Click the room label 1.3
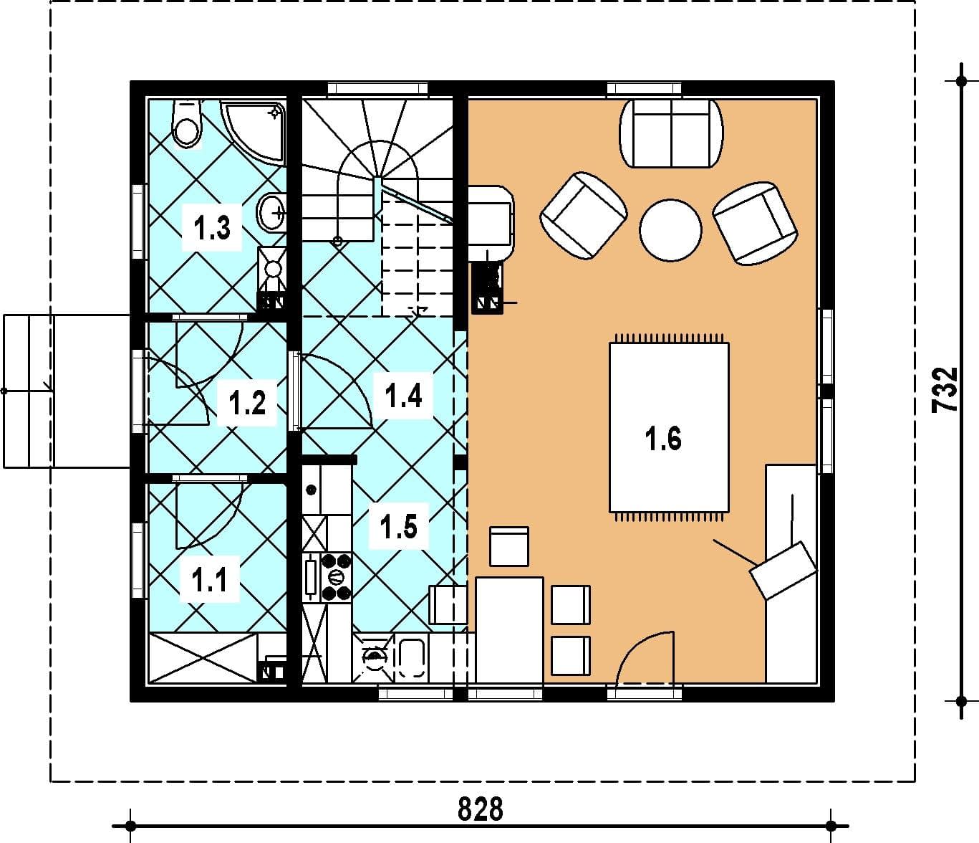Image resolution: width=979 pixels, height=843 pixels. click(212, 227)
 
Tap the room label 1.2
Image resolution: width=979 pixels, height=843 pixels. click(247, 403)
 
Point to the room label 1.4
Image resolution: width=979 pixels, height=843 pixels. click(403, 396)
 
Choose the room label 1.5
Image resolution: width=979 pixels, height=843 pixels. click(399, 527)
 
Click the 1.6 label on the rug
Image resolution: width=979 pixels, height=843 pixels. click(663, 439)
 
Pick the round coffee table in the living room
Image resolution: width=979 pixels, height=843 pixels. click(670, 229)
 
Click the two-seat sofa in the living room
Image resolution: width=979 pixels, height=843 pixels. click(671, 134)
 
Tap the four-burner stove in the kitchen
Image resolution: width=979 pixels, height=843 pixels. click(337, 577)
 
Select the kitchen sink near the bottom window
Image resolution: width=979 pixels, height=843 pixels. click(412, 659)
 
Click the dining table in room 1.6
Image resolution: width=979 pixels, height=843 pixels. click(509, 630)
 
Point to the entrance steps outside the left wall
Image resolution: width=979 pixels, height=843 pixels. click(29, 391)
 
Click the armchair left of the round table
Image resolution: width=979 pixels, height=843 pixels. click(584, 215)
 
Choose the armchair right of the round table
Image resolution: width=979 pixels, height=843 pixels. click(755, 223)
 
